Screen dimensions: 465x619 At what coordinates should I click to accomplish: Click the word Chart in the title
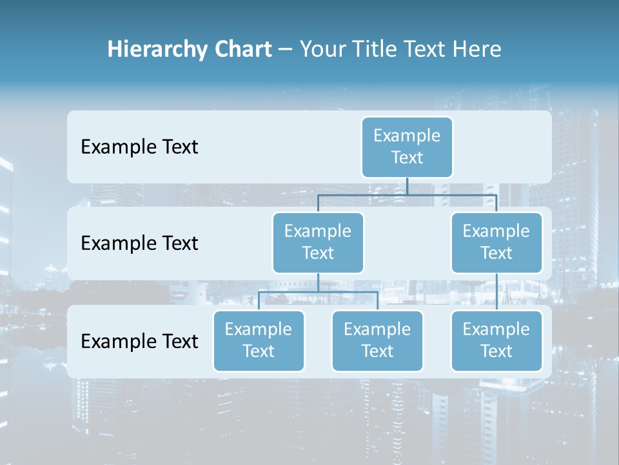pyautogui.click(x=242, y=49)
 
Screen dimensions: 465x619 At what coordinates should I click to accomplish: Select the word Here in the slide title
pyautogui.click(x=477, y=49)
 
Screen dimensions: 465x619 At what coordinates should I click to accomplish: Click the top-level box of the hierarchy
pyautogui.click(x=407, y=147)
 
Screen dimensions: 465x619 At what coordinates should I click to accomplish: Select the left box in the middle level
pyautogui.click(x=318, y=242)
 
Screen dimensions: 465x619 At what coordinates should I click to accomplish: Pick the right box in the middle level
pyautogui.click(x=496, y=242)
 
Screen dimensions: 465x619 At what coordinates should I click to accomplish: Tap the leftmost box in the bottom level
pyautogui.click(x=259, y=340)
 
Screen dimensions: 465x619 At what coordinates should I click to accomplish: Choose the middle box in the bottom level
pyautogui.click(x=377, y=340)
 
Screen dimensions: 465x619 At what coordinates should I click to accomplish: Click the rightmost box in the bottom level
pyautogui.click(x=496, y=340)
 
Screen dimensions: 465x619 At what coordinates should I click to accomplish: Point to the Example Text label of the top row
pyautogui.click(x=139, y=147)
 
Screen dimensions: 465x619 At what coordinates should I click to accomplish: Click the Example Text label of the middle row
pyautogui.click(x=139, y=243)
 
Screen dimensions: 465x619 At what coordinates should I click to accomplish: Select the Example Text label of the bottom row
pyautogui.click(x=139, y=341)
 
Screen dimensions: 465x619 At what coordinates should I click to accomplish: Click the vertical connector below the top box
pyautogui.click(x=407, y=186)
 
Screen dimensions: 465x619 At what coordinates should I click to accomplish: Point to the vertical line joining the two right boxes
pyautogui.click(x=496, y=292)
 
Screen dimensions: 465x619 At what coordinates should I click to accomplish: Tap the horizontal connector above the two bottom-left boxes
pyautogui.click(x=318, y=292)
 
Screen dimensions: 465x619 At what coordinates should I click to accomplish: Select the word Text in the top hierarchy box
pyautogui.click(x=407, y=158)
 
